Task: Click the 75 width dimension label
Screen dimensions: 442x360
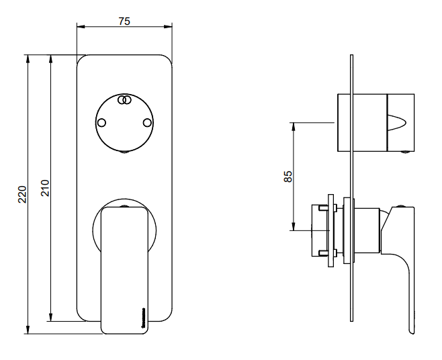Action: tap(124, 21)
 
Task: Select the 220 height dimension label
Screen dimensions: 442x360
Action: tap(22, 194)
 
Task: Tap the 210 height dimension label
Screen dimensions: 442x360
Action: tap(46, 188)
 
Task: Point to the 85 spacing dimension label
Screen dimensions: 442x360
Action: tap(288, 177)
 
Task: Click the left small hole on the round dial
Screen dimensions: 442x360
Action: tap(101, 123)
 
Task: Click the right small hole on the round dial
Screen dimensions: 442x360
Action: tap(147, 123)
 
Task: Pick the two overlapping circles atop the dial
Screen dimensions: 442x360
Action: tap(124, 100)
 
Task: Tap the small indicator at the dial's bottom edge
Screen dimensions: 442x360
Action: tap(124, 152)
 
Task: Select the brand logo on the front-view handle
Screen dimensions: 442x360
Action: tap(144, 318)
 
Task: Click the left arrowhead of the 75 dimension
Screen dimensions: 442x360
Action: tap(81, 27)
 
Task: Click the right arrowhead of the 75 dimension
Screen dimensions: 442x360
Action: tap(169, 27)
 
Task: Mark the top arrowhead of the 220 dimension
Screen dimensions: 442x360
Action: tap(28, 58)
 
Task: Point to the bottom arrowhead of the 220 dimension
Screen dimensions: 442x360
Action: tap(28, 330)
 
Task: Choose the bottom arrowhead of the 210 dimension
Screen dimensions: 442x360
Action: tap(51, 317)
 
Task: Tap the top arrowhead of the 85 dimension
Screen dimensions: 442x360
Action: tap(294, 126)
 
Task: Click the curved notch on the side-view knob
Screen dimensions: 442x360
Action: tap(397, 123)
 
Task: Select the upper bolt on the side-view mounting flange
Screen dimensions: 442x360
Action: tap(328, 209)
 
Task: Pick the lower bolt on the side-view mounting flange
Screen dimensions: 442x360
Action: tap(328, 253)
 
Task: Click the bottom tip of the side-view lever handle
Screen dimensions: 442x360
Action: tap(412, 334)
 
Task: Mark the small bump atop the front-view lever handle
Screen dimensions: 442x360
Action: tap(124, 206)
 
